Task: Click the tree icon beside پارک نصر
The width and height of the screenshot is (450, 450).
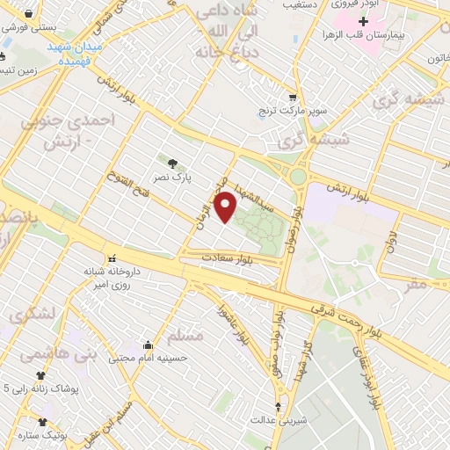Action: (172, 162)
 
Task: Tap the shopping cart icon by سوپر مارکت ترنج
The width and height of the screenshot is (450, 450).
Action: (293, 98)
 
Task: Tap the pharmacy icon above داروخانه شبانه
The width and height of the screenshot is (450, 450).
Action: (112, 259)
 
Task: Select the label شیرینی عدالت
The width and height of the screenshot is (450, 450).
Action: (279, 419)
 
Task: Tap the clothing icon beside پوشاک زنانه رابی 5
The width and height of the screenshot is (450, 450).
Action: (40, 374)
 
